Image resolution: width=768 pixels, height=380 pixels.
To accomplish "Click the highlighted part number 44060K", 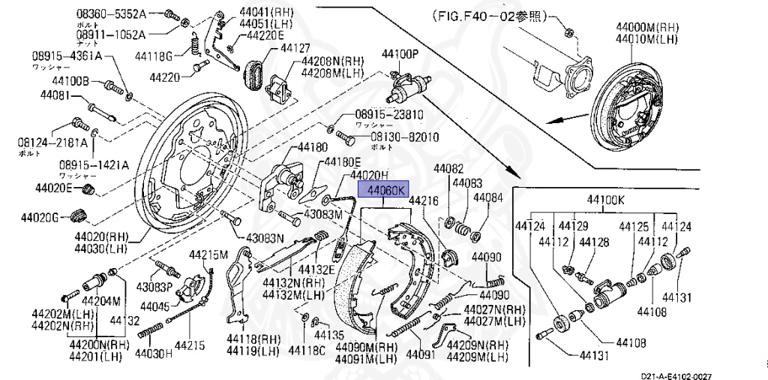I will pyautogui.click(x=382, y=191).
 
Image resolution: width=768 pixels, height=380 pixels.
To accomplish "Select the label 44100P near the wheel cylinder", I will pyautogui.click(x=399, y=55).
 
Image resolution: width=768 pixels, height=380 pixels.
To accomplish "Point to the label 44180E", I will pyautogui.click(x=342, y=162).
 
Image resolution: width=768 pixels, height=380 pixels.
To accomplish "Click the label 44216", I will pyautogui.click(x=422, y=201).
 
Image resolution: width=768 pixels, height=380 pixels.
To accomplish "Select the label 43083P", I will pyautogui.click(x=154, y=287).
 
